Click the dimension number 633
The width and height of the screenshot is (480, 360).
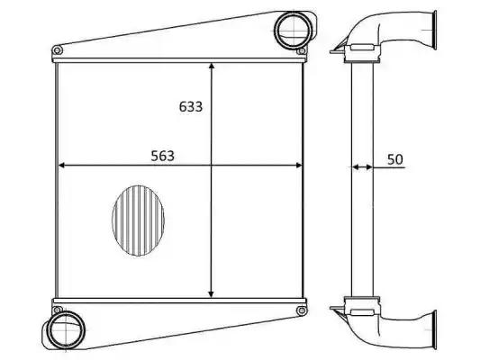click(191, 107)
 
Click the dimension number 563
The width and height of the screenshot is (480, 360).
click(162, 156)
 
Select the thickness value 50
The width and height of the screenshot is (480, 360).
click(395, 159)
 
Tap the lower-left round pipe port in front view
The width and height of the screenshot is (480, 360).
click(66, 330)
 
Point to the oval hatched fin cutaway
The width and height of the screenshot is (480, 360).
click(139, 220)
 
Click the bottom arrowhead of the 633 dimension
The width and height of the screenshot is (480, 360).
click(212, 293)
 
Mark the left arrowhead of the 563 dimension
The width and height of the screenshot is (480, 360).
click(62, 166)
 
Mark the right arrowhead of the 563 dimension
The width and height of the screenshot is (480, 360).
click(298, 166)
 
